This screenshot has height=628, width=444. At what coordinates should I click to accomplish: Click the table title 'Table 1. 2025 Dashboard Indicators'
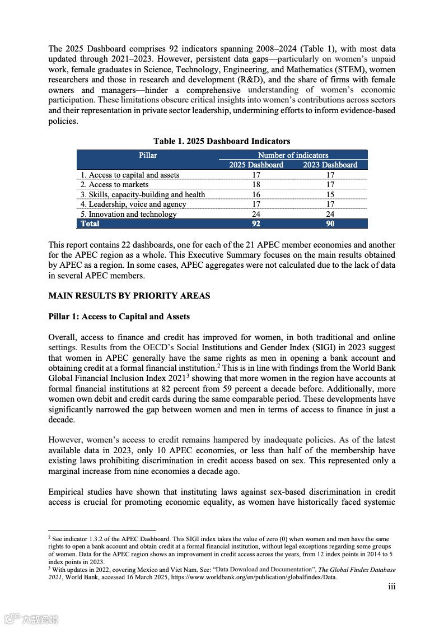(222, 141)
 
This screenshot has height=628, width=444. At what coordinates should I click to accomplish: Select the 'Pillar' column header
(148, 155)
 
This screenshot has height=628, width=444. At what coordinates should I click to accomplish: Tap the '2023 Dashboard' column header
(330, 165)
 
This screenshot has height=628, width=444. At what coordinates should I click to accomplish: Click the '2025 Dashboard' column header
(256, 165)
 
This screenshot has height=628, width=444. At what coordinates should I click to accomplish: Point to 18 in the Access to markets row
(256, 185)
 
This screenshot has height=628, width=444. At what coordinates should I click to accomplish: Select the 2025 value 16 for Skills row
(256, 194)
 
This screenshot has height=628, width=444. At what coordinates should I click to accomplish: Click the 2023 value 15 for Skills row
(330, 194)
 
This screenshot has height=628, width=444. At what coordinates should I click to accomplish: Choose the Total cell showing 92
(256, 224)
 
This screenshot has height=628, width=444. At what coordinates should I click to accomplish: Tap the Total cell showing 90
(330, 224)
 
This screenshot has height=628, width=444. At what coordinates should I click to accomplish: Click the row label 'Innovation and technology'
(128, 214)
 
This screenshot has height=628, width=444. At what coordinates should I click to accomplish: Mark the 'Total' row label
(90, 224)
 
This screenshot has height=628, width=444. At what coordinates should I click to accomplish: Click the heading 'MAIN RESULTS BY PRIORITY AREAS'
(129, 295)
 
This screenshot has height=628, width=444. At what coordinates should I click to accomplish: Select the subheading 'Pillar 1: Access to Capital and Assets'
(119, 317)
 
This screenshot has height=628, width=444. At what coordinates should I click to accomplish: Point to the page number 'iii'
(392, 587)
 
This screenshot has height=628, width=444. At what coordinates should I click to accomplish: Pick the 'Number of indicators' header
(293, 155)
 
